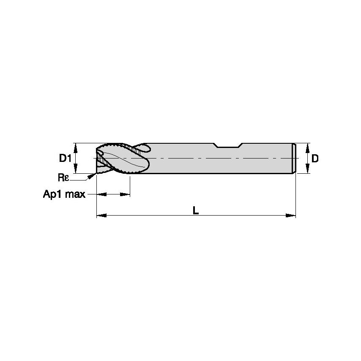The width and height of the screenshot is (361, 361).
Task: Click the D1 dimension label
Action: (64, 159)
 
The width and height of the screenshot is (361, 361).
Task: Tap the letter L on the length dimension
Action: (196, 210)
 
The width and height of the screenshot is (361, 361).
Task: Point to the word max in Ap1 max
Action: (77, 194)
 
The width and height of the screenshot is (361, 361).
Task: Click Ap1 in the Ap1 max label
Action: (53, 194)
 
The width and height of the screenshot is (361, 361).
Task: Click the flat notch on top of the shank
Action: (228, 146)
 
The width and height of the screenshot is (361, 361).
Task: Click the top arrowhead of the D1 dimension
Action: (76, 146)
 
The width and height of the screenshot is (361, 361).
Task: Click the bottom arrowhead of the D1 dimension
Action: (76, 170)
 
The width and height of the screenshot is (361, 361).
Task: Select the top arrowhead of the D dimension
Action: (307, 146)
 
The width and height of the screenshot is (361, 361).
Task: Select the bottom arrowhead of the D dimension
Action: (307, 170)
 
